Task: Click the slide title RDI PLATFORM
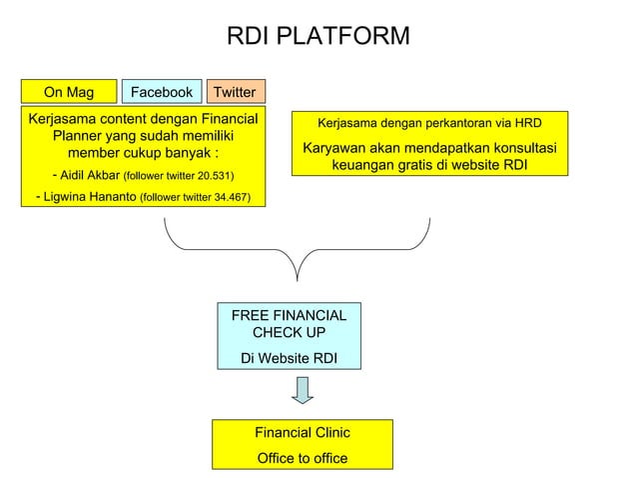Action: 318,37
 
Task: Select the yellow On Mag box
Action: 69,92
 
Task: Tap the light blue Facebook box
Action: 162,92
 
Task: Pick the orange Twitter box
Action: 236,92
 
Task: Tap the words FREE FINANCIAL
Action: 290,315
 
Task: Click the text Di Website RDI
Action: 290,355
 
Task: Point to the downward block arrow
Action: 303,391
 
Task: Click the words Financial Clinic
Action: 302,433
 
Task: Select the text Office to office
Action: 302,458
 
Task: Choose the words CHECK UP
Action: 290,332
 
